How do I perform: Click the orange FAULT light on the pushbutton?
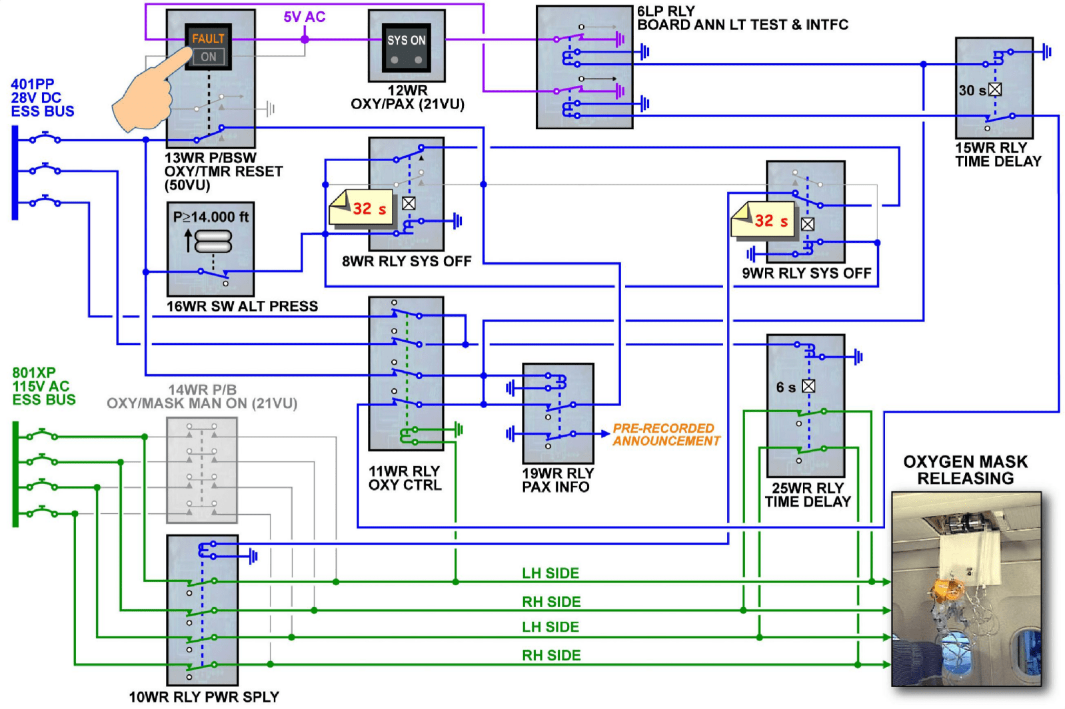click(208, 39)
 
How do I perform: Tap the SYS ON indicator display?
click(407, 41)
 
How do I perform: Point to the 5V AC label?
click(305, 17)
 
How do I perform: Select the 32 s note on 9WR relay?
click(764, 221)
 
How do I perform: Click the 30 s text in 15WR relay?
click(972, 91)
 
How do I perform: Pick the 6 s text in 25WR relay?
click(786, 387)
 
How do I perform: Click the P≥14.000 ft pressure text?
click(211, 217)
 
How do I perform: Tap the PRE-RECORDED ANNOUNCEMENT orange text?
click(666, 435)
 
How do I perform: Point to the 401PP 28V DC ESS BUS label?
click(42, 98)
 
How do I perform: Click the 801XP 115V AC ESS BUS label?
click(43, 386)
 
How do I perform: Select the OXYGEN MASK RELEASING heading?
click(965, 470)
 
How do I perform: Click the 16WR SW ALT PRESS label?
click(242, 306)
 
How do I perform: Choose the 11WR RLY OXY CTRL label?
click(405, 478)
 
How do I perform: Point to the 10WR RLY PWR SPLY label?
click(204, 697)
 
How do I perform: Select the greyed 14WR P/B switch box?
click(202, 470)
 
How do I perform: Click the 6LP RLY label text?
click(666, 11)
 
